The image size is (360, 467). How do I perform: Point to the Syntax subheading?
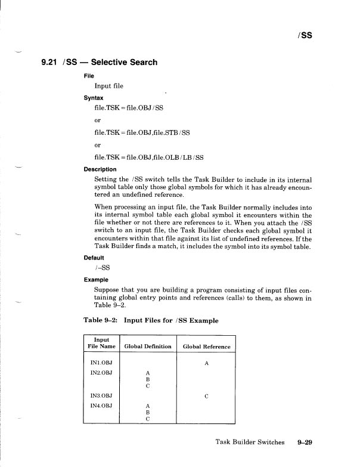coord(94,97)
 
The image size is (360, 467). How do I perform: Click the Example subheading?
coord(97,279)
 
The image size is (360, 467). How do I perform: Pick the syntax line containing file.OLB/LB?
coord(149,157)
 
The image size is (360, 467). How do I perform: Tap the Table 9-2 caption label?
coord(103,320)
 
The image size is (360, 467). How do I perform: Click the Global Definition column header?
coord(147,347)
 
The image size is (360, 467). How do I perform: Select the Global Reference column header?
coord(206,347)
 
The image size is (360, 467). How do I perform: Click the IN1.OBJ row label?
coord(101,362)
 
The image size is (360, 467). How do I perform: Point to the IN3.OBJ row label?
coord(101,395)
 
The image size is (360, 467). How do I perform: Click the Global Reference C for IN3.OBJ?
coord(206,395)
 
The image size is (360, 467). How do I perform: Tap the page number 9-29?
coord(305,443)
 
